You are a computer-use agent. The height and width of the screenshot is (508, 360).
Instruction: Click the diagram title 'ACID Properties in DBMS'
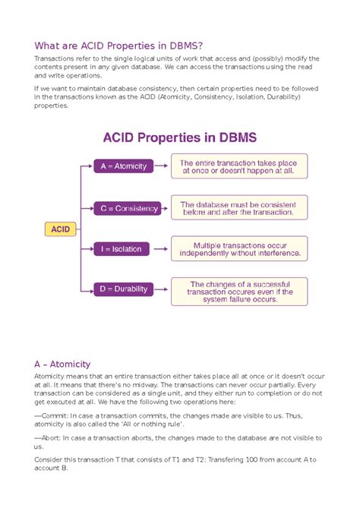click(179, 137)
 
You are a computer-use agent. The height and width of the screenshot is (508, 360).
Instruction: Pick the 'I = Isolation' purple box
click(122, 248)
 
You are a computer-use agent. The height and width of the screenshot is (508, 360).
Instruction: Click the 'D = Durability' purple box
click(125, 289)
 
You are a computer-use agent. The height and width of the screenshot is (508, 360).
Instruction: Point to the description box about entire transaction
click(239, 166)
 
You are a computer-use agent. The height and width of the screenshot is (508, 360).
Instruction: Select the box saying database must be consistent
click(239, 207)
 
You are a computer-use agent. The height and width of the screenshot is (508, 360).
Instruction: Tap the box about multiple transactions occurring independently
click(239, 248)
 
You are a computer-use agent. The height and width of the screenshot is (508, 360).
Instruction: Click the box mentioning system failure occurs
click(239, 292)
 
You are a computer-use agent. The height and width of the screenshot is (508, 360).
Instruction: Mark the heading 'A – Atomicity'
click(62, 364)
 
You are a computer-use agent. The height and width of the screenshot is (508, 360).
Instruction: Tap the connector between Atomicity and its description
click(163, 166)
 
